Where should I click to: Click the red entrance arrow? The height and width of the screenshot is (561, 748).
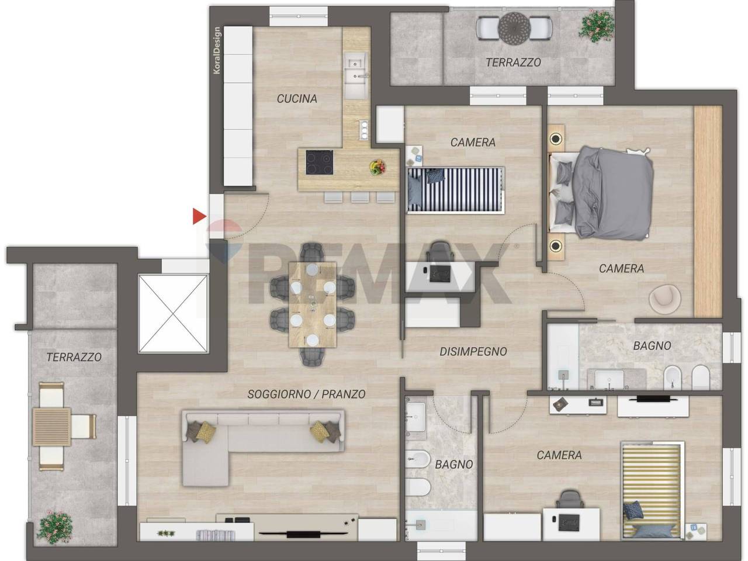199,216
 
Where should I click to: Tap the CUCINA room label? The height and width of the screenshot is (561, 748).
297,99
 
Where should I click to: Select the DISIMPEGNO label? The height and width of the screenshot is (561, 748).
473,352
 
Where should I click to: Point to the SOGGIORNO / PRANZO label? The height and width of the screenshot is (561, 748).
306,394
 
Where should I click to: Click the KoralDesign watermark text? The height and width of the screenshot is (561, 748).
217,50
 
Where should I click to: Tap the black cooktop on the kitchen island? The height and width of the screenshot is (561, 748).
319,162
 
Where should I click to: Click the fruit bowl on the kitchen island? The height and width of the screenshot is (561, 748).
378,167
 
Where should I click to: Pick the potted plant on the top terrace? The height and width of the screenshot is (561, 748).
596,26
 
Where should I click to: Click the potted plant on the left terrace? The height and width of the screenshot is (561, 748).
55,527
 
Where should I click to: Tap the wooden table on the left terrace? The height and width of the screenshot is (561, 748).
52,427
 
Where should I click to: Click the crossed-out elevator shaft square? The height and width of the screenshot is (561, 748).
173,314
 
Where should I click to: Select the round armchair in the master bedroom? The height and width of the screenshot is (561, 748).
665,299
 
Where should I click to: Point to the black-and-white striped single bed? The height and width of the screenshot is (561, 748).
456,190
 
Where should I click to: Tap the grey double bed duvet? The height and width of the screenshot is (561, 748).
612,193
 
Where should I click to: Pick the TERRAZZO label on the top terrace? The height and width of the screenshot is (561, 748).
513,63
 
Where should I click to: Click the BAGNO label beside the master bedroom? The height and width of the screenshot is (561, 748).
652,346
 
